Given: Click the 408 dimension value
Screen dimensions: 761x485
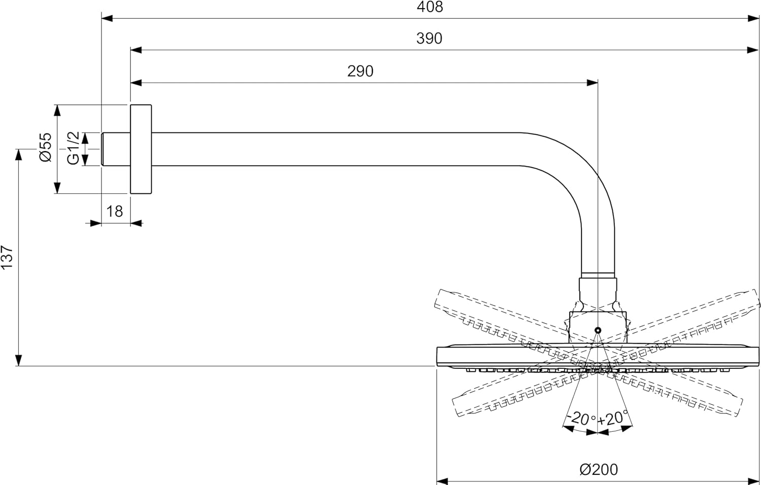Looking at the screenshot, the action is [x=430, y=7].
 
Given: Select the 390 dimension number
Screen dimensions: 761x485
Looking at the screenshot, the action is [x=429, y=39].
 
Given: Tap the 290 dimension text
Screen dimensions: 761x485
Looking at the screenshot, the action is [x=360, y=72].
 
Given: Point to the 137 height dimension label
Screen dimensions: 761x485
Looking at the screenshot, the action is [x=7, y=257].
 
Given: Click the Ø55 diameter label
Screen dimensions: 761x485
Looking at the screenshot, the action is [x=46, y=147].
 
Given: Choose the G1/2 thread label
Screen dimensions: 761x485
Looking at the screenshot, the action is [x=73, y=148].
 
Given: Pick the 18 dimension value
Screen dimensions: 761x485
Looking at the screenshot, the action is [x=115, y=212].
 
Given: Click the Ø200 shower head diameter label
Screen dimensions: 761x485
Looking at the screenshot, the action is [x=599, y=470].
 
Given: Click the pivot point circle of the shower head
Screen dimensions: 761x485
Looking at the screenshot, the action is [x=598, y=330].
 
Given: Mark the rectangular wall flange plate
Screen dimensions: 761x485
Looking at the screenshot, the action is [x=141, y=149].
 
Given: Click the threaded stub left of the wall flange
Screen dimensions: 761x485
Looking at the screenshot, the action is [x=116, y=149].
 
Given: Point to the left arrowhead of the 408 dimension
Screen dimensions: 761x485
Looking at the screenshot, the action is [x=107, y=18].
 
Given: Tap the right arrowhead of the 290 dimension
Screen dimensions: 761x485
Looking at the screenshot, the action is [x=593, y=83].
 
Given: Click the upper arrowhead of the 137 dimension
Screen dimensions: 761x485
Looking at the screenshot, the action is [x=19, y=155].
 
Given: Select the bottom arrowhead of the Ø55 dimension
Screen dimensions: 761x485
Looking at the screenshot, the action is [x=57, y=188].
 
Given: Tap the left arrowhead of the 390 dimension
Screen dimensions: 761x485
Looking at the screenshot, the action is [x=136, y=50].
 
